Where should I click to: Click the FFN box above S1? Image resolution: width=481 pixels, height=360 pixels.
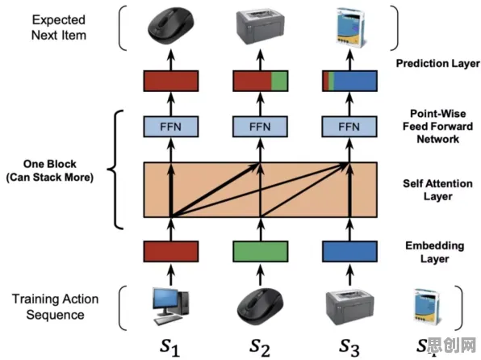tap(171, 127)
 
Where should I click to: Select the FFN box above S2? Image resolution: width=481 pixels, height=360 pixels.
tap(260, 127)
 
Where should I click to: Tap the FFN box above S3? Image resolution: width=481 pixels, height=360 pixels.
tap(349, 127)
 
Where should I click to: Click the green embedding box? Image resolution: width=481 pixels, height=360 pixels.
tap(261, 251)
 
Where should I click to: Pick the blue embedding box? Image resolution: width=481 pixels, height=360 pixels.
tap(349, 251)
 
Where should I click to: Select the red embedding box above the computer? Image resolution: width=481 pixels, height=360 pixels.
tap(171, 251)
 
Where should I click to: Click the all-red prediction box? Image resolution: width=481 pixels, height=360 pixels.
tap(171, 81)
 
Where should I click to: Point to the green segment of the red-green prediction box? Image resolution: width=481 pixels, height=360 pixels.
tap(279, 81)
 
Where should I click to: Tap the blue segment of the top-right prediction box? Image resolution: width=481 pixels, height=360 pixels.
tap(355, 81)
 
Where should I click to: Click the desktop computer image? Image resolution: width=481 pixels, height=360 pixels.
tap(171, 306)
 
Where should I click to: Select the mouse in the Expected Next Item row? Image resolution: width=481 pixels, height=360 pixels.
tap(171, 27)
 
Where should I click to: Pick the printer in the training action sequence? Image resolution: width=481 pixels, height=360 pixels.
tap(349, 307)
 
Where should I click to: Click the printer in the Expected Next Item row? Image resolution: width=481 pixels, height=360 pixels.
tap(260, 27)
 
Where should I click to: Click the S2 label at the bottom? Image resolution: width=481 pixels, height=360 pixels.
tap(260, 348)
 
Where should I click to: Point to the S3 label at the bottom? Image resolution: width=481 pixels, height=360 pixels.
tap(349, 348)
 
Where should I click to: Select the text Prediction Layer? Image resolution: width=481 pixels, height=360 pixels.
tap(437, 64)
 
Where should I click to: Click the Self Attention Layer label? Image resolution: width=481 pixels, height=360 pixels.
tap(437, 190)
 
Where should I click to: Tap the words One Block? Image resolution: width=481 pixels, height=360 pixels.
tap(50, 164)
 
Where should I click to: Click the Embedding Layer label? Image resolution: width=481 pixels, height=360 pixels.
tap(435, 253)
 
